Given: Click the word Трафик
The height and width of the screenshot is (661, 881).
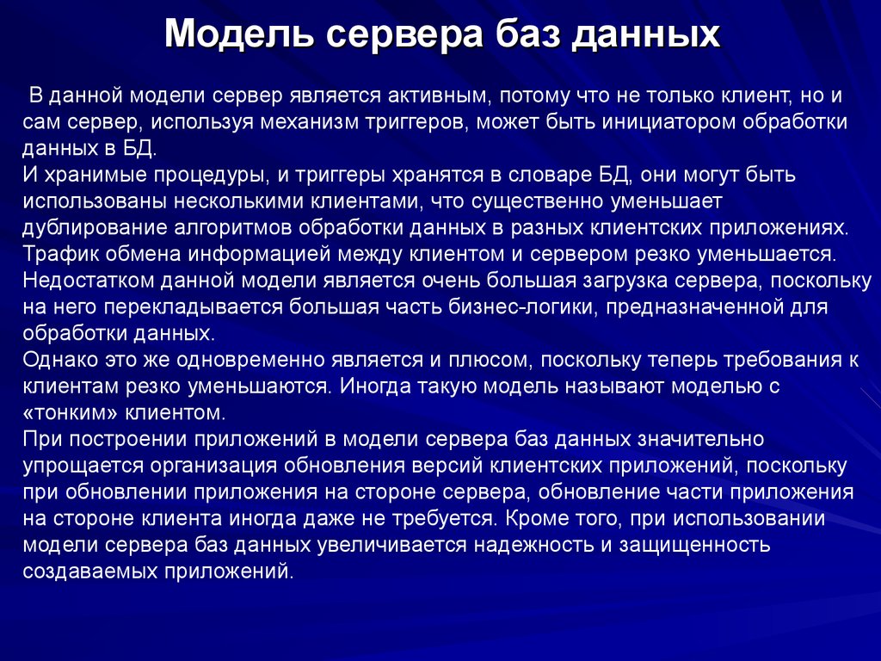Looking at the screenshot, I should (x=56, y=256).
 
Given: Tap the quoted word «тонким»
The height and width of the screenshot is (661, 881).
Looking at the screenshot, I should (x=65, y=414).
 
